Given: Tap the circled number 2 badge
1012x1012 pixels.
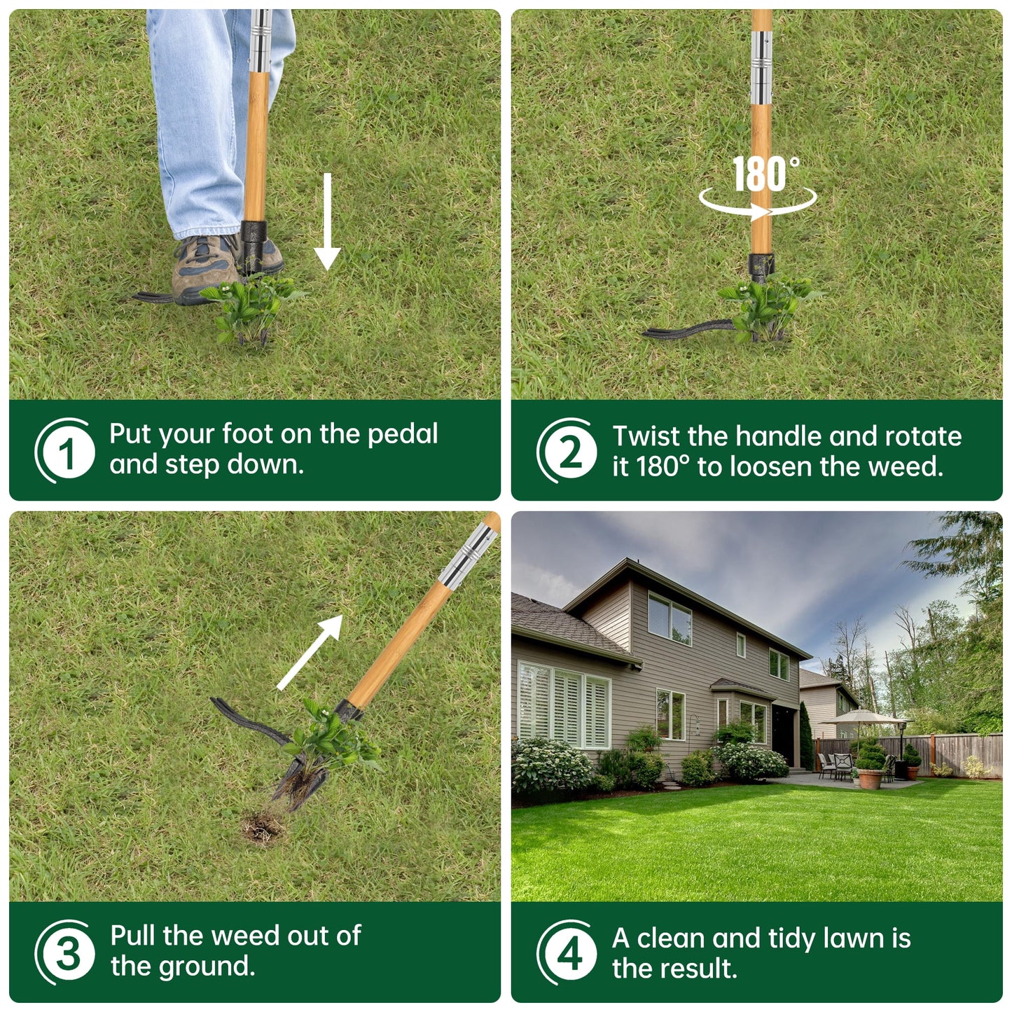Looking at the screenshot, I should [569, 452].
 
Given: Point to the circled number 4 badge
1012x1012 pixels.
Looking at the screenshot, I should [569, 953].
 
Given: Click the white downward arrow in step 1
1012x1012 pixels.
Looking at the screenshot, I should [326, 224].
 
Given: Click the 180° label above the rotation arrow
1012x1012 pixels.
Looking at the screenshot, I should [765, 174].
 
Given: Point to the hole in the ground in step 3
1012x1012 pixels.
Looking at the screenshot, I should [264, 828].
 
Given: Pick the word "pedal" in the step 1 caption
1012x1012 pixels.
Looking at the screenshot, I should [403, 434].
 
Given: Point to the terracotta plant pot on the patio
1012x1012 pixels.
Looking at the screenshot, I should [870, 779].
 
